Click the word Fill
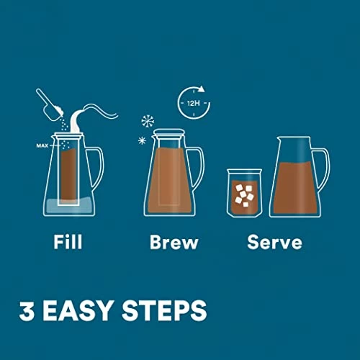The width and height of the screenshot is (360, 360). [68, 242]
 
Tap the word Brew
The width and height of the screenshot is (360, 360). [174, 242]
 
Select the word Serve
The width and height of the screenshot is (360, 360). [274, 242]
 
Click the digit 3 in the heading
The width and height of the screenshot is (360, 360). [27, 310]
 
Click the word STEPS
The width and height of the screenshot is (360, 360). [164, 310]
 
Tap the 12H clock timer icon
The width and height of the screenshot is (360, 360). [194, 103]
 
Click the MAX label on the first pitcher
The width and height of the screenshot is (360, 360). [42, 145]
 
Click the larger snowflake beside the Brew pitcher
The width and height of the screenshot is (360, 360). [148, 121]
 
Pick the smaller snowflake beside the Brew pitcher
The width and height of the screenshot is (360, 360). [142, 140]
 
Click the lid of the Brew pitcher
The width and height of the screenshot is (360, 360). [169, 132]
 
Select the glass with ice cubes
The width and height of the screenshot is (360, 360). [244, 193]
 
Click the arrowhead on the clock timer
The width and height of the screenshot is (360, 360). [201, 89]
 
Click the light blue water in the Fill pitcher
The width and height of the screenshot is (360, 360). [69, 206]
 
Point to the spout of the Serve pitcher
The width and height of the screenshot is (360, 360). [280, 139]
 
